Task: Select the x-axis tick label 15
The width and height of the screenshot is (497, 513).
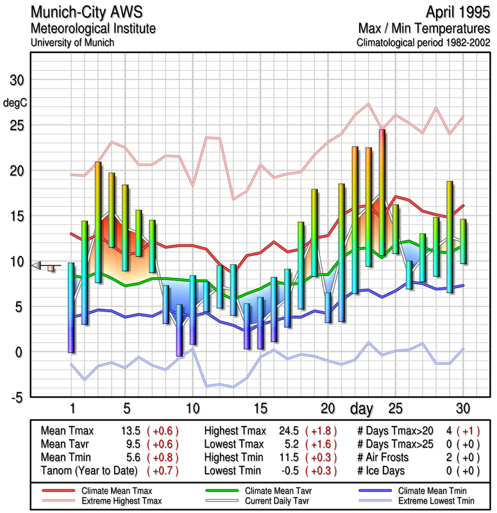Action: pyautogui.click(x=260, y=408)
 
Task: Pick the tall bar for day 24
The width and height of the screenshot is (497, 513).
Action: pyautogui.click(x=382, y=192)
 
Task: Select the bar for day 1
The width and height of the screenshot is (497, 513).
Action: pyautogui.click(x=71, y=307)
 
